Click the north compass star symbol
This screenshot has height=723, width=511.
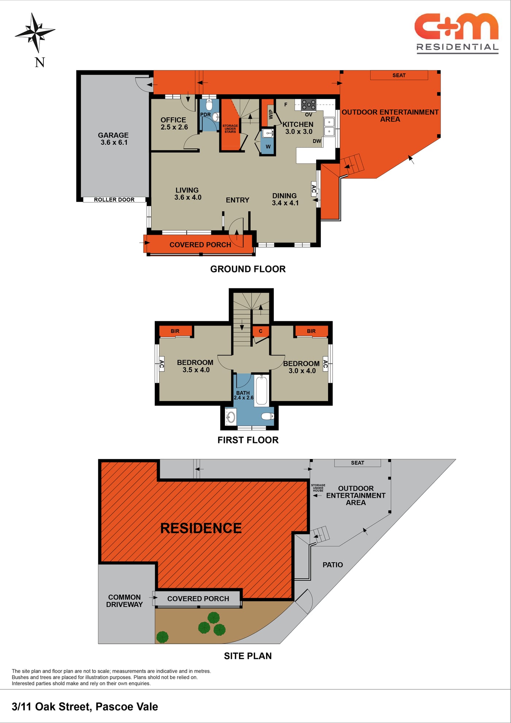(35, 32)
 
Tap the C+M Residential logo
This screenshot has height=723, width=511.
(457, 34)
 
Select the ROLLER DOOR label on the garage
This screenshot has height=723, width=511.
(114, 200)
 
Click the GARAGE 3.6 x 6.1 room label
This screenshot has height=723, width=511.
(114, 139)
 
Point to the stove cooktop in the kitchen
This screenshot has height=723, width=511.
(308, 105)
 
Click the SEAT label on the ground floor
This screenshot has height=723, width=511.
(399, 75)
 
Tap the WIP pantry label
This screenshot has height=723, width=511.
(270, 114)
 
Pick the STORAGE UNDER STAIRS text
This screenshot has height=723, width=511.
(230, 129)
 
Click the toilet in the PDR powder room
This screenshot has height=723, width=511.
(209, 105)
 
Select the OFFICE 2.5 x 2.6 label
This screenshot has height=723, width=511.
(174, 124)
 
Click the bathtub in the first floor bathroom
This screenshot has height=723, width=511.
(261, 390)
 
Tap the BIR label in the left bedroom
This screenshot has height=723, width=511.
(175, 331)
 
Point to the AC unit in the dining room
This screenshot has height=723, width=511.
(314, 189)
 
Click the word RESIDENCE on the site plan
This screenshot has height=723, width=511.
(201, 528)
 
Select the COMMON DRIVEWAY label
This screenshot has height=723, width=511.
(124, 601)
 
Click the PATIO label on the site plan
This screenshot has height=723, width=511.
(333, 565)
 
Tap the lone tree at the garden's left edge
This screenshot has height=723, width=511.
(162, 637)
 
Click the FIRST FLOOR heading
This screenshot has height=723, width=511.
(248, 440)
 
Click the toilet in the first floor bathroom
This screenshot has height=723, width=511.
(268, 416)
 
